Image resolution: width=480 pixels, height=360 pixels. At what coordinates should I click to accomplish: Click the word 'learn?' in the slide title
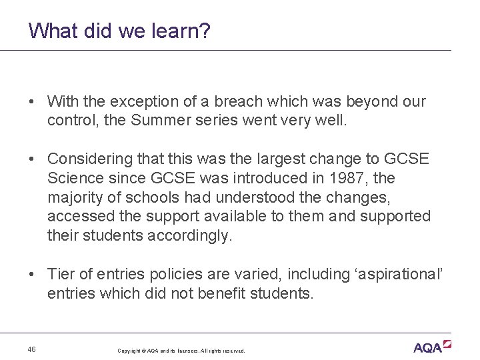(x=180, y=31)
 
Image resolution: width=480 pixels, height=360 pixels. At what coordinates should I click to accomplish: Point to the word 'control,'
(x=70, y=121)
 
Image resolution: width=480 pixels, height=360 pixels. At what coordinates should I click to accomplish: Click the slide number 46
(x=32, y=349)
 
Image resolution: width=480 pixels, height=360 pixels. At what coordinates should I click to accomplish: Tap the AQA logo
(x=432, y=347)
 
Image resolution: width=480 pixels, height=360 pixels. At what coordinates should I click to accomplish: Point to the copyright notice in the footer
(x=181, y=351)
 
